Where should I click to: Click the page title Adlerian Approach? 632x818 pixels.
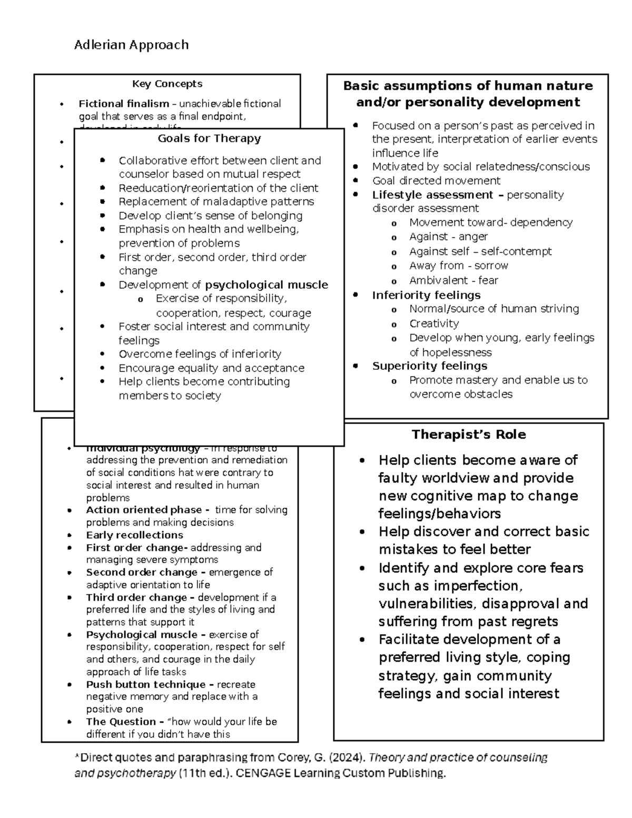click(x=131, y=45)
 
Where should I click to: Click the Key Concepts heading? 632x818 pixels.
click(x=167, y=84)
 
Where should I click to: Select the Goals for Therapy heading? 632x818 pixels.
click(x=209, y=139)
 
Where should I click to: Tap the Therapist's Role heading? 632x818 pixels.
click(x=468, y=435)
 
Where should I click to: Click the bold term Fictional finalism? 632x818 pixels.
click(x=124, y=104)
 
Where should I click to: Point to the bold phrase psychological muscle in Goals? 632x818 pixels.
click(x=266, y=285)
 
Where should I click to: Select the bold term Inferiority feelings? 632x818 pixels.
click(x=426, y=295)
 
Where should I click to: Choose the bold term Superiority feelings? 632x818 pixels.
click(x=429, y=366)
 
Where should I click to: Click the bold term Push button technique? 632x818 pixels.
click(x=146, y=684)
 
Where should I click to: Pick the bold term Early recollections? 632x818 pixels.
click(x=134, y=535)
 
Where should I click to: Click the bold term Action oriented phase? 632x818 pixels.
click(x=144, y=510)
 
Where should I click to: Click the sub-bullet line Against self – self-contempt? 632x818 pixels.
click(x=480, y=251)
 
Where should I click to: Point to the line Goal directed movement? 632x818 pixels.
click(x=436, y=181)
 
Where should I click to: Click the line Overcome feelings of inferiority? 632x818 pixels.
click(x=200, y=354)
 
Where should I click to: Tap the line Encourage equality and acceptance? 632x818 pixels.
click(x=211, y=368)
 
